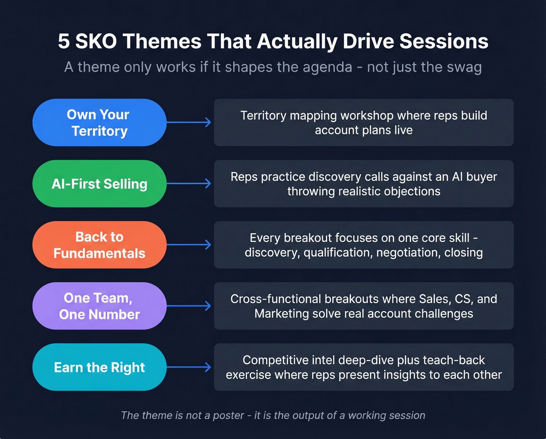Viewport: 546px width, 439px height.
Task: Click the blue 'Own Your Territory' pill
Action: tap(99, 123)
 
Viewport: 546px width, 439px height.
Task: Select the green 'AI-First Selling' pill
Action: tap(99, 184)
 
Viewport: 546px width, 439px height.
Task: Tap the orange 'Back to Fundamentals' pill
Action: tap(99, 245)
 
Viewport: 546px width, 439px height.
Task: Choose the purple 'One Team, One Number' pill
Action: tap(99, 306)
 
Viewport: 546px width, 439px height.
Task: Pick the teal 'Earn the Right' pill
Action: tap(99, 367)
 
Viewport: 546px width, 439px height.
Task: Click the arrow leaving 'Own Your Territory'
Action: tap(190, 123)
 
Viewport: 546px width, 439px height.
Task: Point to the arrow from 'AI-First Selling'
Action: tap(190, 184)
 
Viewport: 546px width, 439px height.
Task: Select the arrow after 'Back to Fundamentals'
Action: tap(190, 245)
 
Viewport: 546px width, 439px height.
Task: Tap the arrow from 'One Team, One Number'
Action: tap(190, 306)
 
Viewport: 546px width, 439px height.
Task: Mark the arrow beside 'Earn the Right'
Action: tap(190, 367)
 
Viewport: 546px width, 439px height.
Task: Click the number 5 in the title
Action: tap(64, 41)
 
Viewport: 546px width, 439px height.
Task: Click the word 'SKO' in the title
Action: tap(96, 41)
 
